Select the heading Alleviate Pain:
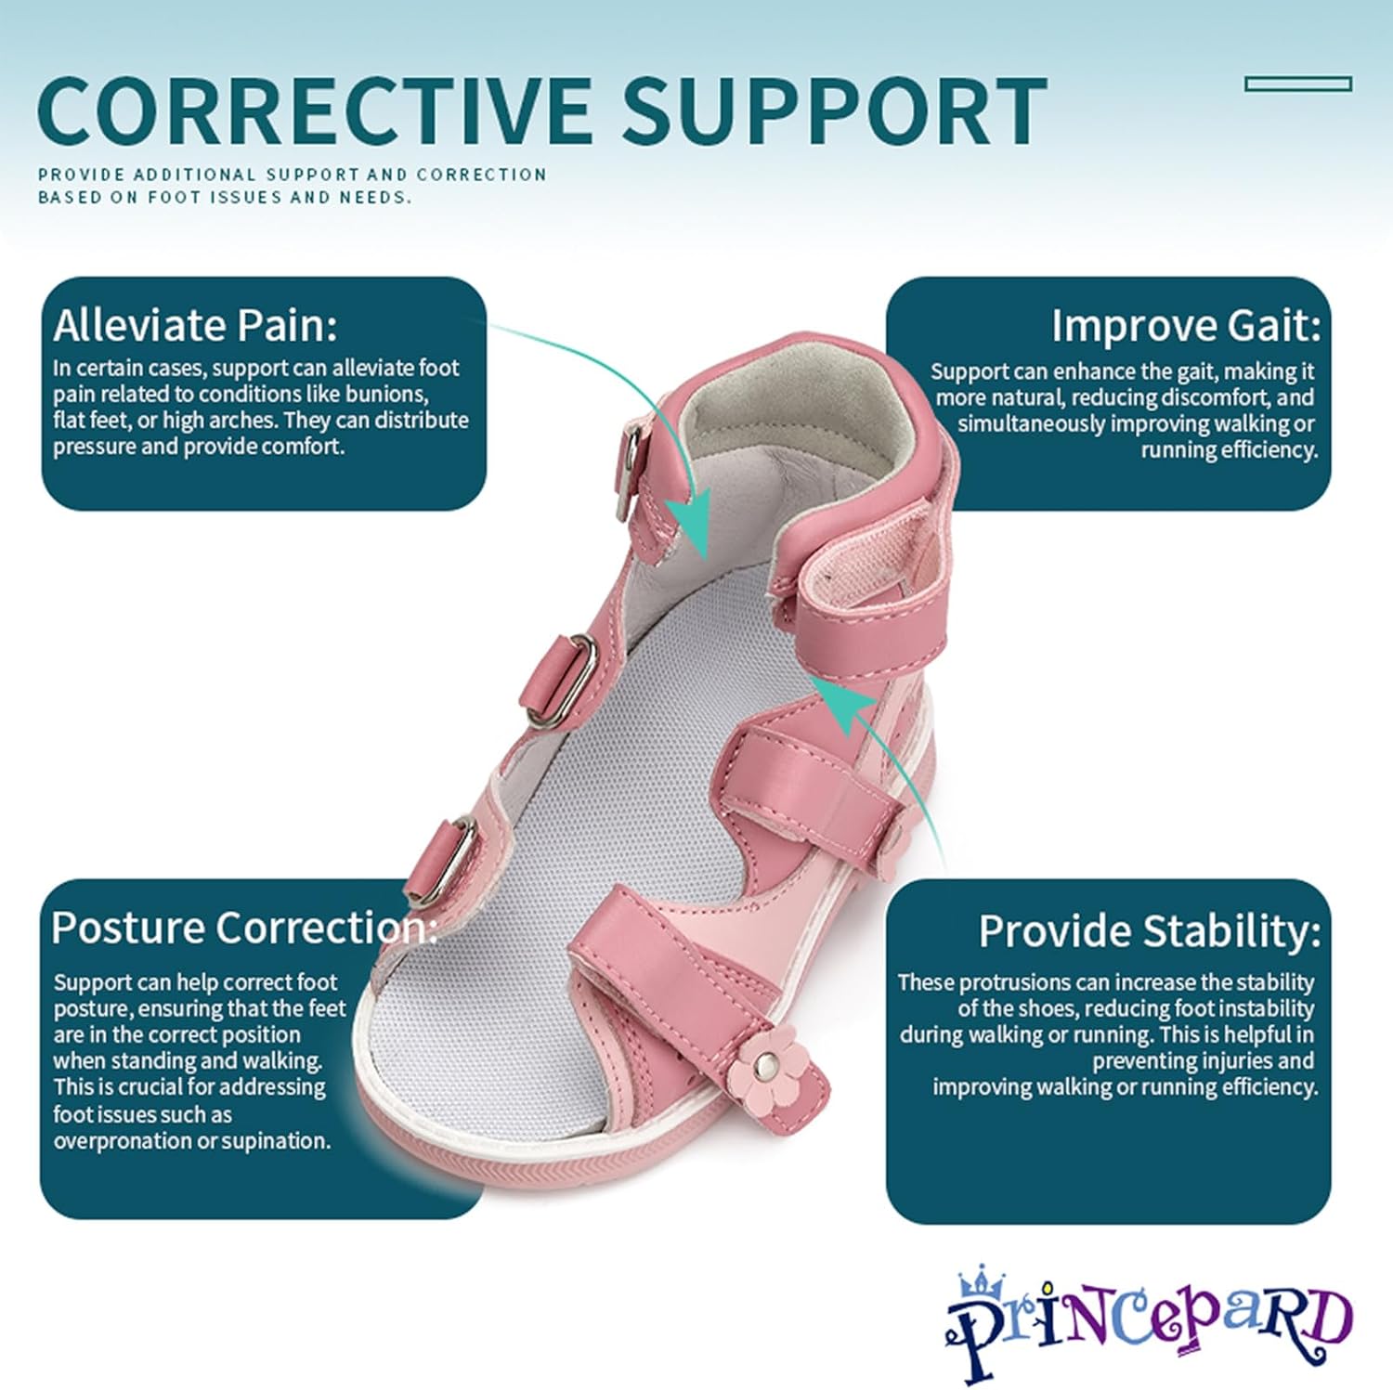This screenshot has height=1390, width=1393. (x=195, y=325)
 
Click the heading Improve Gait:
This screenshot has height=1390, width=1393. (x=1185, y=325)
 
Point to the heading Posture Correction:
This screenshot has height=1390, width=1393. (x=243, y=928)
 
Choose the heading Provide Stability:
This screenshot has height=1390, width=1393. (x=1149, y=931)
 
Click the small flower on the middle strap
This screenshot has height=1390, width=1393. (x=894, y=839)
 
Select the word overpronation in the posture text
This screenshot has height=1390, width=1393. (x=115, y=1140)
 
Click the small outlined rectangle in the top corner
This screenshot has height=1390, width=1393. (x=1297, y=84)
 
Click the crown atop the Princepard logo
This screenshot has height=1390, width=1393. (x=982, y=1283)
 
